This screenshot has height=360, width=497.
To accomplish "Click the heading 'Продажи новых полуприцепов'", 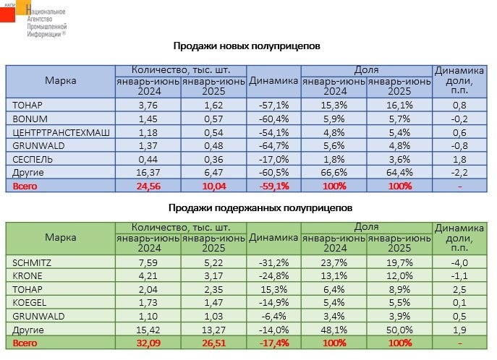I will pos(247,46).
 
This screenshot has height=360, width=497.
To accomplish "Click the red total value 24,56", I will pos(148,186).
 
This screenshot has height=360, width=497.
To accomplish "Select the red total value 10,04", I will pos(213,186).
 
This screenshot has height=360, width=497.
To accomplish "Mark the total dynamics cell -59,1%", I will pos(273,186).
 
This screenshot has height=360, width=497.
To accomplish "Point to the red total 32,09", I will pos(148,342).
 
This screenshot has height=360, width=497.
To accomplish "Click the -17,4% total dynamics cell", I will pos(273,342).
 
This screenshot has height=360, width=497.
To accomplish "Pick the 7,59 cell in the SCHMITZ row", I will pos(148,262).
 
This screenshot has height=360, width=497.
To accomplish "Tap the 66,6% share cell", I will pos(334,172).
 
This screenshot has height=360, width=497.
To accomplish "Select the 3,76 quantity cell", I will pos(148,105).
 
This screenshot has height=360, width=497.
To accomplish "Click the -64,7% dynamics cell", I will pos(273,145).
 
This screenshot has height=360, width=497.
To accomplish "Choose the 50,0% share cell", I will pos(399,328).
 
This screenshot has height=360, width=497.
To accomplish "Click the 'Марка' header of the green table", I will pos(60,237).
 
